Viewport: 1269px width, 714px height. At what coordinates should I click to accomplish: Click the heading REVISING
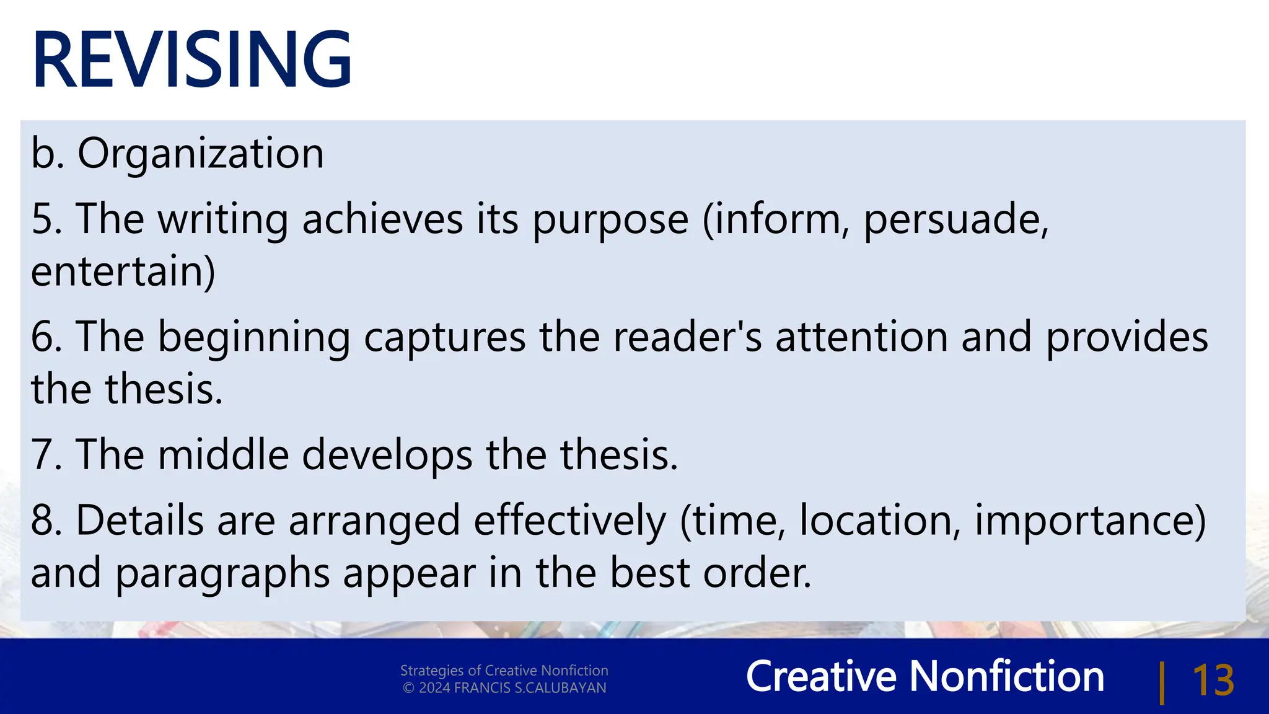tap(192, 60)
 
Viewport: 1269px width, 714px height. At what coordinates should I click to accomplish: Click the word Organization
tap(200, 153)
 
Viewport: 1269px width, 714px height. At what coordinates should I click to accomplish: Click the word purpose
tap(610, 221)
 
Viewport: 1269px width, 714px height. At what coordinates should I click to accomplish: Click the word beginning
tap(253, 338)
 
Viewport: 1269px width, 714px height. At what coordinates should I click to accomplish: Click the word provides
tap(1126, 338)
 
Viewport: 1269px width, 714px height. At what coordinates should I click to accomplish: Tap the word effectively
tap(570, 521)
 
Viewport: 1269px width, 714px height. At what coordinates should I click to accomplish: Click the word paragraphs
tap(222, 574)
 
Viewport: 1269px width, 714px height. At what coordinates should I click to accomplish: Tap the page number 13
tap(1213, 681)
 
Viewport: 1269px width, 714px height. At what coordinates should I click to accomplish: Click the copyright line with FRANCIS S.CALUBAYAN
tap(504, 688)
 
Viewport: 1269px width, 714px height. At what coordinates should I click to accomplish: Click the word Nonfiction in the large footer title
tap(1006, 676)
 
